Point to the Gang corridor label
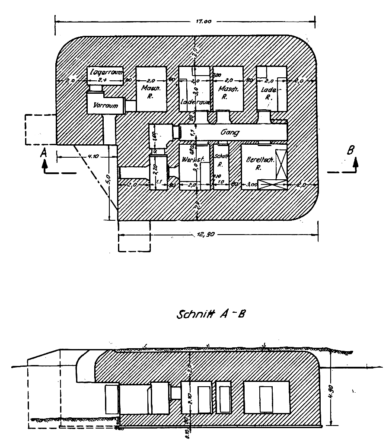pyautogui.click(x=230, y=132)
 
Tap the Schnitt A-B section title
pyautogui.click(x=211, y=314)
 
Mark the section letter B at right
pyautogui.click(x=351, y=150)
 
